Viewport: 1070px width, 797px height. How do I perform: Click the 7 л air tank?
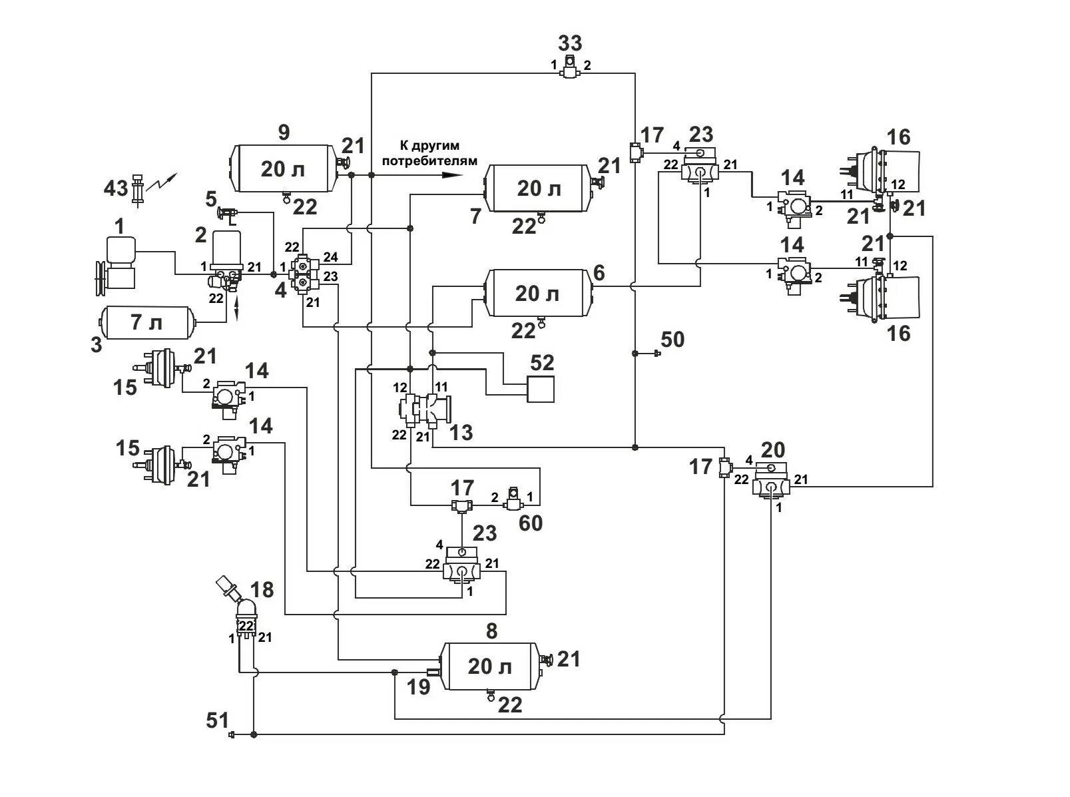point(145,323)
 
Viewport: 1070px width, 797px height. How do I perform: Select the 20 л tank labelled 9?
point(282,168)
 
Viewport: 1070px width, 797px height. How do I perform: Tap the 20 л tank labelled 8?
point(490,665)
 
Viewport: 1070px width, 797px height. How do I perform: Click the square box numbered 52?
point(540,389)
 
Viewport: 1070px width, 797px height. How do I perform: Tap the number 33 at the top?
point(570,43)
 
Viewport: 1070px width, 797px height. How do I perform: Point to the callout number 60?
point(530,523)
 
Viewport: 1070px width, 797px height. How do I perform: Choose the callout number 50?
point(672,340)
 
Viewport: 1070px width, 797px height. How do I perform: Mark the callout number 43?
point(115,188)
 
